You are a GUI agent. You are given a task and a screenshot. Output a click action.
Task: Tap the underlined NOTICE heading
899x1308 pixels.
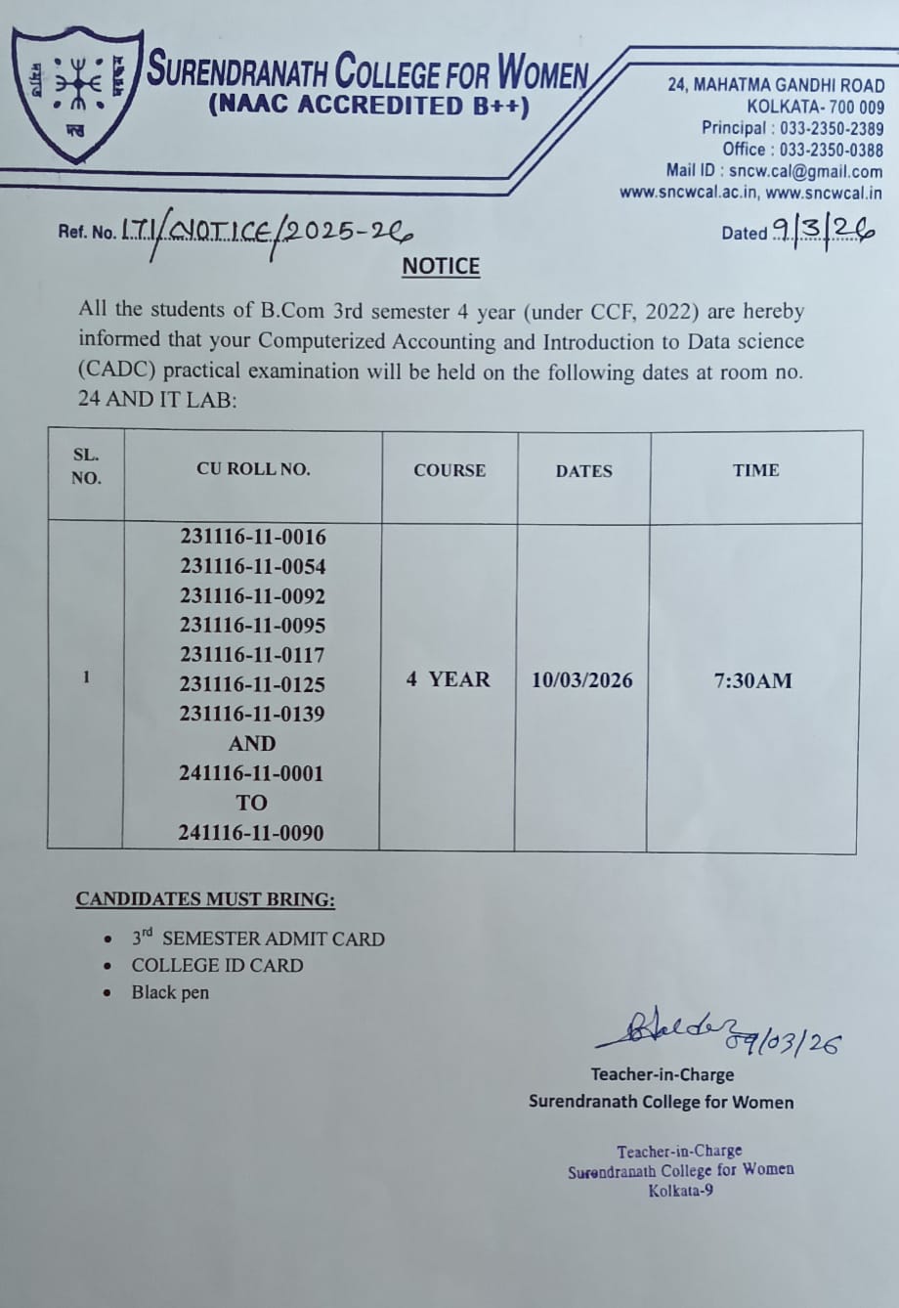coord(441,267)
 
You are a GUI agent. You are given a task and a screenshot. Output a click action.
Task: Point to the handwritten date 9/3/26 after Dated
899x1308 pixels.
coord(822,231)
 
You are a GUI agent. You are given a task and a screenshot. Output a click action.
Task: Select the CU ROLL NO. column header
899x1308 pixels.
coord(253,469)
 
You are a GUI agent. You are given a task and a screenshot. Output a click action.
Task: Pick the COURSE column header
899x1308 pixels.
coord(449,470)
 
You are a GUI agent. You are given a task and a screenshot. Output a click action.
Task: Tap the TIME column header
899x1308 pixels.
coord(755,470)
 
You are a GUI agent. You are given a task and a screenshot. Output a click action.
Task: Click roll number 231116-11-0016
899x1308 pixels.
coord(253,537)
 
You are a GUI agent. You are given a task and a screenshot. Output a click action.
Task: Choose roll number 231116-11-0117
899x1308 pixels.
coord(252,655)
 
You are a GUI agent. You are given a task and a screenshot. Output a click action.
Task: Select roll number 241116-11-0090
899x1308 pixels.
coord(251,833)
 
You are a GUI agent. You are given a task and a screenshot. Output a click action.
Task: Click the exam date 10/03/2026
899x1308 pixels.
coord(582,680)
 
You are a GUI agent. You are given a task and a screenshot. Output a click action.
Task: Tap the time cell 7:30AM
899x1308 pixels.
coord(753,680)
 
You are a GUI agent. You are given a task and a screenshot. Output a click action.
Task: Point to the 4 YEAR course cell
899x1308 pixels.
coord(449,679)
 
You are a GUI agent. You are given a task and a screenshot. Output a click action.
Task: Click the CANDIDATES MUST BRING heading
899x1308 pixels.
coord(205,899)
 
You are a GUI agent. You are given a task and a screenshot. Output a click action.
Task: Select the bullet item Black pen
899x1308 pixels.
coord(170,992)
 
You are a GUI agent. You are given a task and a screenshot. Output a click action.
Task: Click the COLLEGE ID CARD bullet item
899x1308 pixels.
coord(217,965)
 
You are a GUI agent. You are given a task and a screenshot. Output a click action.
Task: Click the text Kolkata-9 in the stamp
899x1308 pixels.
coord(680,1190)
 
